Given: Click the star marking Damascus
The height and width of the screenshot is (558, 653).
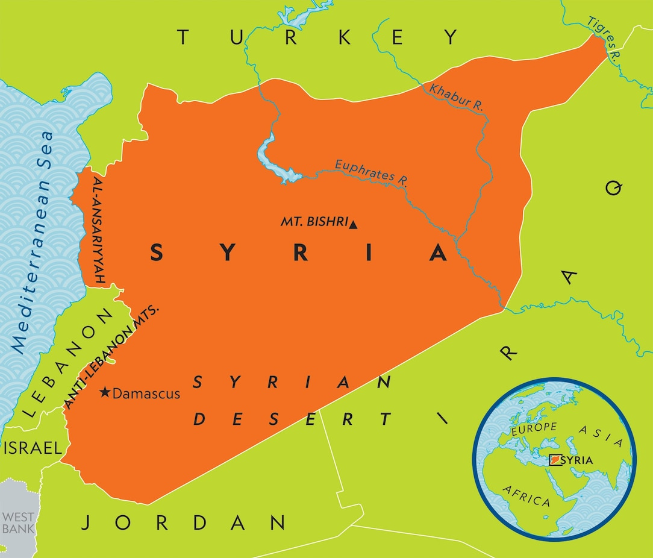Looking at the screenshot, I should click(105, 393).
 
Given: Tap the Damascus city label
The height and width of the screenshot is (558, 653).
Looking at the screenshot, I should click(146, 393).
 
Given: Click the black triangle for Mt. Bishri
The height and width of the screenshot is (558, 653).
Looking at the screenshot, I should click(354, 225).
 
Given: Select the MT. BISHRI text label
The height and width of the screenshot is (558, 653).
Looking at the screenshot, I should click(314, 222).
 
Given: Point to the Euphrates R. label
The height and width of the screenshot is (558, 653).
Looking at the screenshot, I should click(371, 173).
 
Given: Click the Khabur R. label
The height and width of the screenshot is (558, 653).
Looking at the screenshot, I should click(456, 96).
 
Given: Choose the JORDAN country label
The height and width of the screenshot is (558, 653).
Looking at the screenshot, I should click(183, 522).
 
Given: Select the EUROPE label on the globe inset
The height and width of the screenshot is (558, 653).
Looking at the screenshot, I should click(533, 428).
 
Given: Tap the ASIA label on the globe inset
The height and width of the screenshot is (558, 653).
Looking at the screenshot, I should click(600, 434).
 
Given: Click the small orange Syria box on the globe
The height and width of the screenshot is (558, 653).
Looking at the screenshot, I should click(554, 460).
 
